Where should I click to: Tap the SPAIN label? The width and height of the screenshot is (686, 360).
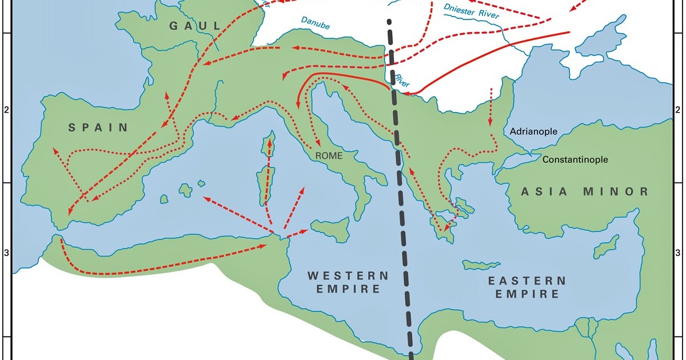(x=98, y=127)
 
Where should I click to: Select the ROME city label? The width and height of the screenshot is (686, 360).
(x=326, y=155)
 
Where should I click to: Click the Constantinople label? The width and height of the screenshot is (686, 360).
(x=575, y=160)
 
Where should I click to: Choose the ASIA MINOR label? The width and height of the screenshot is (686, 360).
(x=585, y=191)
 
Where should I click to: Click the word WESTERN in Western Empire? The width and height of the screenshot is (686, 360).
(x=348, y=275)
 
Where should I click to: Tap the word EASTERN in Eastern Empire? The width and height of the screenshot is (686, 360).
(x=527, y=281)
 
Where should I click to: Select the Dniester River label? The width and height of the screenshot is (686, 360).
(x=472, y=12)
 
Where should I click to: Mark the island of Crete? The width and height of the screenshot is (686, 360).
(x=480, y=265)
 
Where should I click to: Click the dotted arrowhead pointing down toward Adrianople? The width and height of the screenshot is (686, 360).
(x=490, y=123)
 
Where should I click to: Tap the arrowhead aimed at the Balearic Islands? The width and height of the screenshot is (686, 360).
(x=205, y=198)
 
